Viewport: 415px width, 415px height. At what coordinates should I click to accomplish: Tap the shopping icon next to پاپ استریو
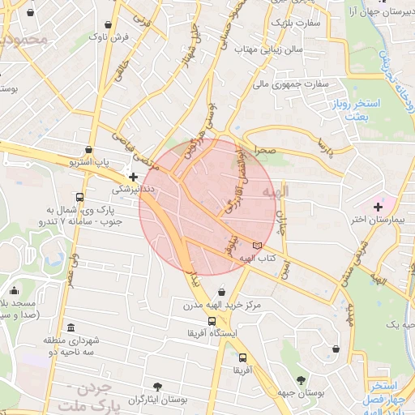(88, 150)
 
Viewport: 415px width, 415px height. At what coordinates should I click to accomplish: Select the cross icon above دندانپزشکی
(134, 176)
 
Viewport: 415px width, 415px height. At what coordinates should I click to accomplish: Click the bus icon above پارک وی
(79, 197)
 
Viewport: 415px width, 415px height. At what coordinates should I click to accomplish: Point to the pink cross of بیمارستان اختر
(378, 207)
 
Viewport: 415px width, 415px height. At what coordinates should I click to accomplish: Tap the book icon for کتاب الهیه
(258, 245)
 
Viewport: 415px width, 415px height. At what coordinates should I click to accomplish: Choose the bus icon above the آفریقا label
(242, 357)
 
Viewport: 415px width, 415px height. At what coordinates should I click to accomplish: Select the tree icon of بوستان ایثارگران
(157, 387)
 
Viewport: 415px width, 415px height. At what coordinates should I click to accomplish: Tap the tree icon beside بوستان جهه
(301, 380)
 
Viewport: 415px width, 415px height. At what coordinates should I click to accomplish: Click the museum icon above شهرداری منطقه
(71, 327)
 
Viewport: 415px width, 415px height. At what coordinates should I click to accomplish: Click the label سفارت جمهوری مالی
(289, 83)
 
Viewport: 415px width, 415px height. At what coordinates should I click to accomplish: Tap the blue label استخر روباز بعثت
(349, 111)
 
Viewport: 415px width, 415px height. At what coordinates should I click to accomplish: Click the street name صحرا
(267, 151)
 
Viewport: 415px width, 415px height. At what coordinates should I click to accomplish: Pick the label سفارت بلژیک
(297, 23)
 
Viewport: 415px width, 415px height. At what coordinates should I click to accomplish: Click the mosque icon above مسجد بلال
(14, 291)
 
